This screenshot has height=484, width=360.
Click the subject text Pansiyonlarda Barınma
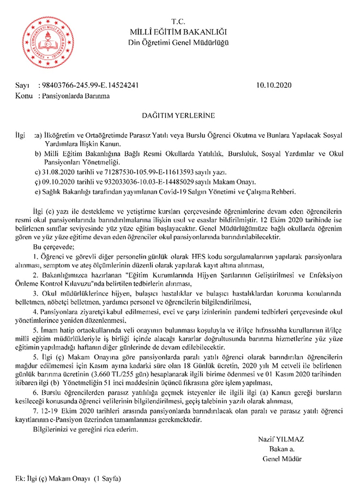(75, 95)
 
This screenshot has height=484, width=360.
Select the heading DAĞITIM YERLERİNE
(179, 116)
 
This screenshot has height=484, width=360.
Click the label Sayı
(22, 86)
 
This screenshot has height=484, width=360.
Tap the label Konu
(23, 95)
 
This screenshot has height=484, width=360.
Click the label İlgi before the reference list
(22, 134)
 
